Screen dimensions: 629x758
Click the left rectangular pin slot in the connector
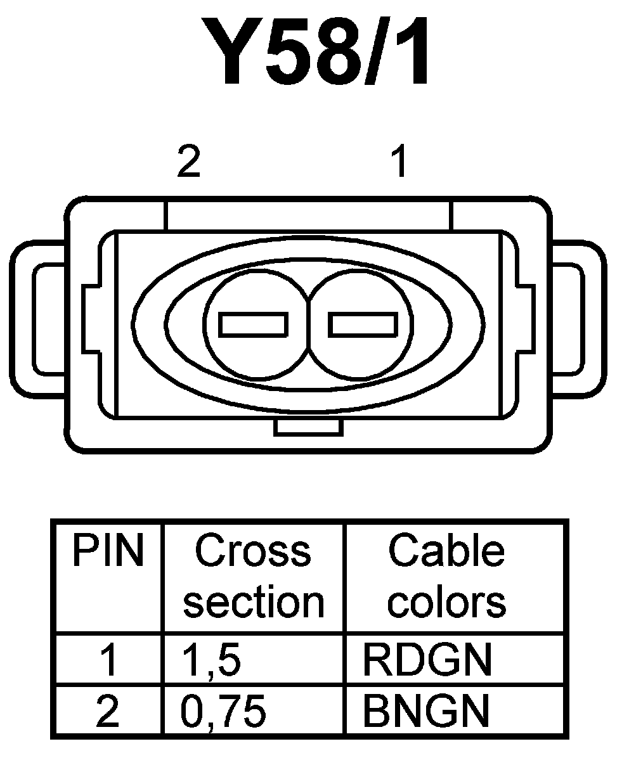click(253, 324)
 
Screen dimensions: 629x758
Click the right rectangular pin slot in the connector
click(363, 324)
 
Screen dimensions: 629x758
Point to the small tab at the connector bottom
click(309, 427)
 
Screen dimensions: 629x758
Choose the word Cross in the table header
click(253, 551)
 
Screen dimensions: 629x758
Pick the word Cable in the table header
click(446, 551)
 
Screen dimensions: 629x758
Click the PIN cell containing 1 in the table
click(109, 660)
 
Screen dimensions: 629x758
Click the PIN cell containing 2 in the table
click(109, 711)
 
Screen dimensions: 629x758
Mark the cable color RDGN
click(427, 660)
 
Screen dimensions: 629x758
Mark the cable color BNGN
click(427, 711)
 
